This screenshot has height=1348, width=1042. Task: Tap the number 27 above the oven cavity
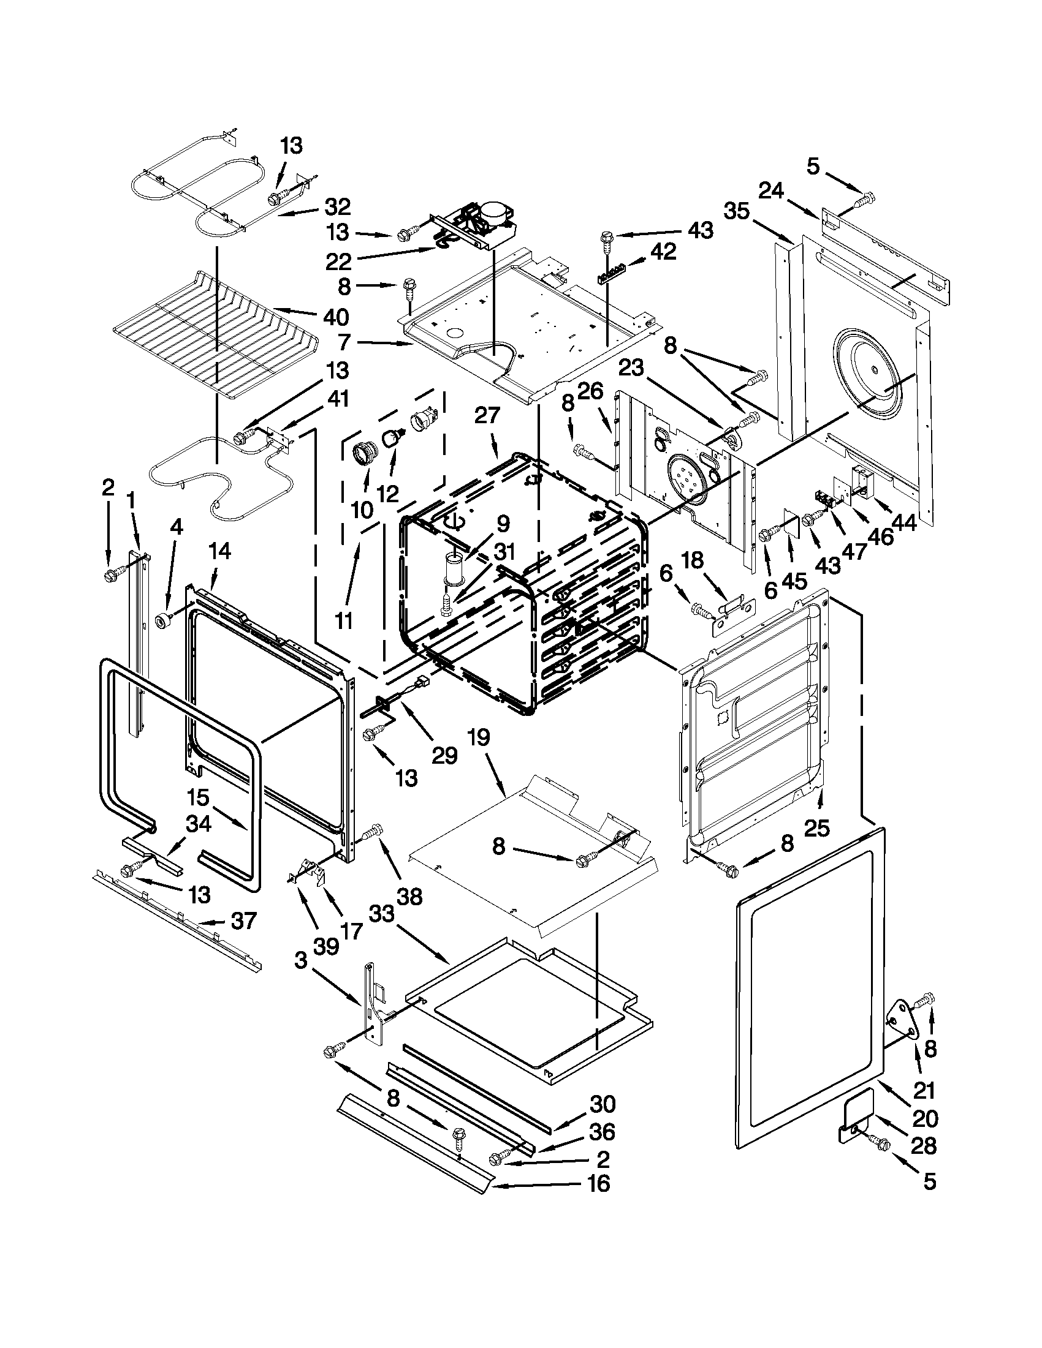(x=487, y=415)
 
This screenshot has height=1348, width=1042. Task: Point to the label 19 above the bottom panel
(x=479, y=737)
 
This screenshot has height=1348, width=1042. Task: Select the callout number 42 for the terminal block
(x=663, y=251)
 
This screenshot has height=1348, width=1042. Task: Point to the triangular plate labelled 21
(x=902, y=1023)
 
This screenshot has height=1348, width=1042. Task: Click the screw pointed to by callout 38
(x=370, y=834)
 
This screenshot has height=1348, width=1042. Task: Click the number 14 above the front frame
(x=219, y=551)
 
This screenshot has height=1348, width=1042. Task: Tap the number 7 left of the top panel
(x=344, y=341)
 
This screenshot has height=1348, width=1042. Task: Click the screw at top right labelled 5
(x=867, y=199)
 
